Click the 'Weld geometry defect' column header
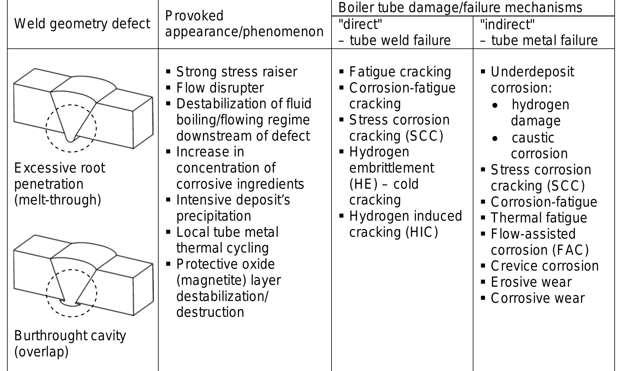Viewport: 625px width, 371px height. click(82, 24)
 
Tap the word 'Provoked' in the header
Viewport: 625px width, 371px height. click(194, 16)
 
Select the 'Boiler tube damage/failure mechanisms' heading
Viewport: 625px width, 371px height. click(460, 8)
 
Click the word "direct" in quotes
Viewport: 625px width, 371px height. click(360, 24)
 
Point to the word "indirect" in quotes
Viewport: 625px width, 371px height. click(507, 24)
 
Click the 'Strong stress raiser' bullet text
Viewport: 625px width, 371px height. click(237, 72)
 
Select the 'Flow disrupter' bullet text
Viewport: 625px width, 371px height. click(220, 88)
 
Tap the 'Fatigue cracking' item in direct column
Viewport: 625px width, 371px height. click(400, 72)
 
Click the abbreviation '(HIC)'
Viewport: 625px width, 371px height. click(422, 232)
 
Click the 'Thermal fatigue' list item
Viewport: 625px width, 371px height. click(539, 218)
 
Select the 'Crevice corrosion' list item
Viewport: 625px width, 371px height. click(545, 266)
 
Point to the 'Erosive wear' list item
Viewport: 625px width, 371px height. click(531, 282)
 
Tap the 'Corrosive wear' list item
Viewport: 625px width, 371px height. click(538, 298)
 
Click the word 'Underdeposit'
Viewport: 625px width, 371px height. click(532, 72)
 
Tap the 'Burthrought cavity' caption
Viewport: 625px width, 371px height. click(70, 336)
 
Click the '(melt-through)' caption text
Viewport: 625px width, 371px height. click(58, 200)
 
